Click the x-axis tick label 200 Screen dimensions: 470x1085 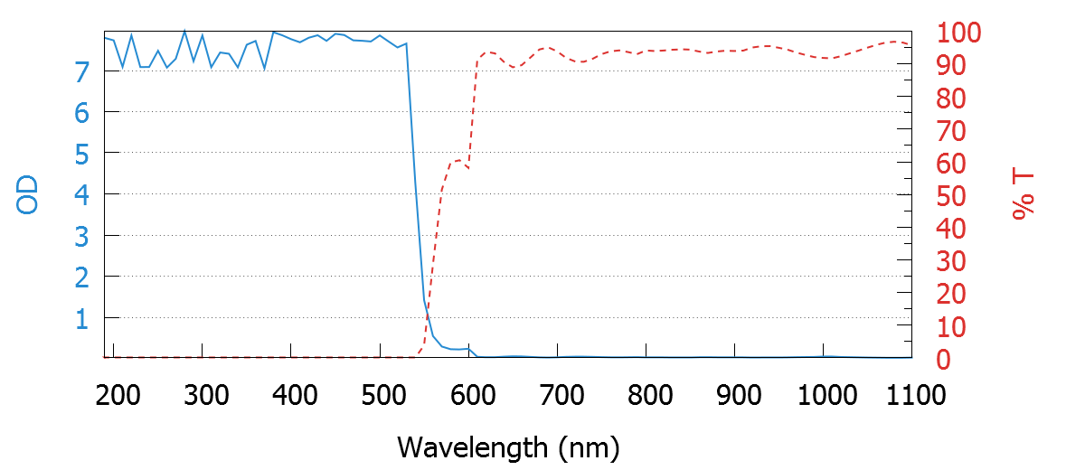pos(116,395)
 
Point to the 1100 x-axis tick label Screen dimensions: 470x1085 pos(912,395)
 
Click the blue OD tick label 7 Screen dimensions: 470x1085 pos(82,70)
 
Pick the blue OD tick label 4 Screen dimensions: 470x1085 pos(82,194)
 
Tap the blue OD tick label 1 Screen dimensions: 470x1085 pos(82,318)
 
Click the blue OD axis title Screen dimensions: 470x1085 pos(28,194)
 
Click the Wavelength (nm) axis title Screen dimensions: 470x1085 pos(508,446)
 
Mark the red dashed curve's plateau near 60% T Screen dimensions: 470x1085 pos(457,162)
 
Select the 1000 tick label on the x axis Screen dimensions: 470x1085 pos(826,395)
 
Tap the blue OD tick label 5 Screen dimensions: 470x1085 pos(82,154)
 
